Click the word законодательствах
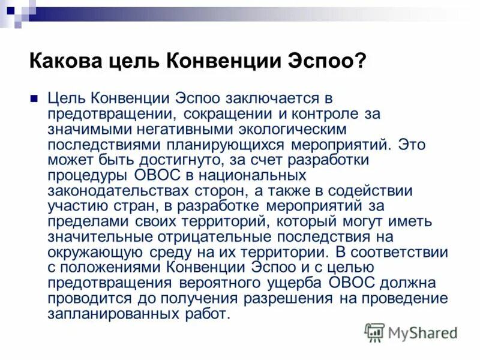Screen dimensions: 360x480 pos(110,191)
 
